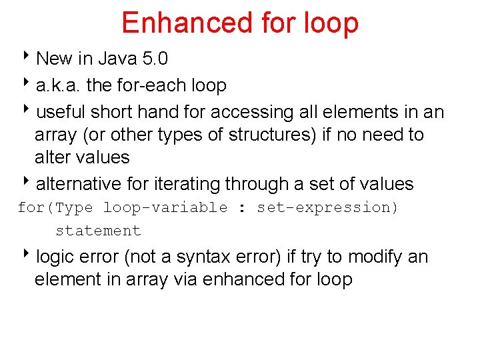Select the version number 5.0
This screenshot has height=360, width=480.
point(155,59)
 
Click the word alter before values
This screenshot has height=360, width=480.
point(53,157)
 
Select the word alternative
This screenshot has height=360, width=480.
point(79,183)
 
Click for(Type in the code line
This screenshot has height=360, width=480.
point(55,207)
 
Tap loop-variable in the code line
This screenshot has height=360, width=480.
point(165,207)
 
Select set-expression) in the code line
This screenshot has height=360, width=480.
point(327,207)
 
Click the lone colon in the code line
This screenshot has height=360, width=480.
point(242,207)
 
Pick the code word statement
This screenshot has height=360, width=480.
point(98,231)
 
